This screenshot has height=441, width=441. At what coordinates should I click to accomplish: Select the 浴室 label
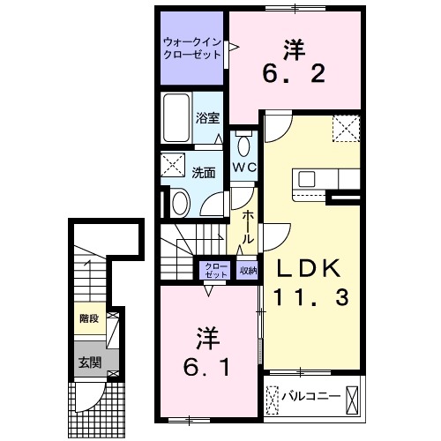coord(207,117)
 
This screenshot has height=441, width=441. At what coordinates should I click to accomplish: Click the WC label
coord(244,168)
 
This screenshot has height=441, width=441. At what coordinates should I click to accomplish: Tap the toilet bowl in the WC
coord(243,145)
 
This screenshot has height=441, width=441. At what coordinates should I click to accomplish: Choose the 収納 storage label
coord(248,271)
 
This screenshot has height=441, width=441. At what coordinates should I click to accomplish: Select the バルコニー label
coord(310,396)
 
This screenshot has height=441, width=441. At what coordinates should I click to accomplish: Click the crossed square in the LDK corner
coord(347,129)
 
